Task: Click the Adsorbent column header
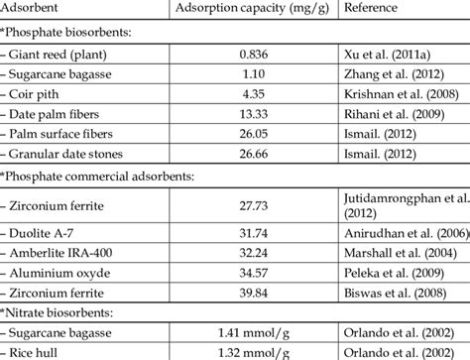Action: tap(33, 10)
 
